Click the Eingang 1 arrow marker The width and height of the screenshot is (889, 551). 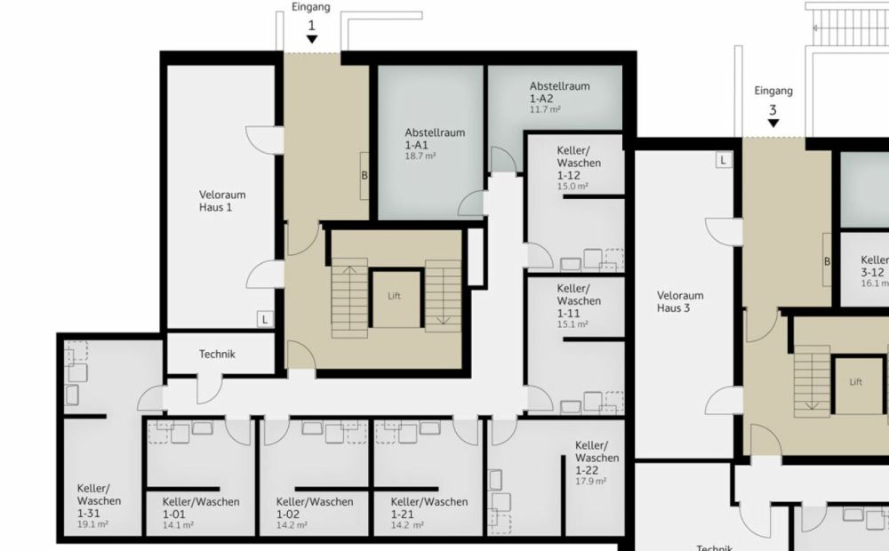[x=312, y=40]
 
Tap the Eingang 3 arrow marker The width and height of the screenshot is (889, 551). [x=773, y=124]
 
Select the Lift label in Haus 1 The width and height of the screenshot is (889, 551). [x=395, y=296]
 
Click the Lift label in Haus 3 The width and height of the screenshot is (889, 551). [x=855, y=382]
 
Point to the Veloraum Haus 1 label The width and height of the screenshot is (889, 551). [x=221, y=201]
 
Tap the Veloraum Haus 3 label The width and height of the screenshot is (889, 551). [x=680, y=302]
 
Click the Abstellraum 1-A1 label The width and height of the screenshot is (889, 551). [x=435, y=138]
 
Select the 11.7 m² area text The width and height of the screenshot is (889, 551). [x=545, y=110]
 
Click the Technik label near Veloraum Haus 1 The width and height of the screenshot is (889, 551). [x=217, y=354]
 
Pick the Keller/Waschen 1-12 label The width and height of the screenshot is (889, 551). [x=579, y=163]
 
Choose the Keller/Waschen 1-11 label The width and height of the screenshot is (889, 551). [x=579, y=300]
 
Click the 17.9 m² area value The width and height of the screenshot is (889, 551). [x=590, y=481]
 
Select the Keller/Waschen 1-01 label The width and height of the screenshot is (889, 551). [x=201, y=507]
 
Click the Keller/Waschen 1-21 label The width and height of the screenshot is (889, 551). [x=428, y=507]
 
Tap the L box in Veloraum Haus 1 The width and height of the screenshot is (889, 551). [x=265, y=318]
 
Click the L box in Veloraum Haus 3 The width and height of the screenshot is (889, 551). [x=724, y=161]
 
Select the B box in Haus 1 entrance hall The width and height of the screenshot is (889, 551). [x=364, y=175]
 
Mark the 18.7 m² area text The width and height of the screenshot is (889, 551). [x=420, y=156]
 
